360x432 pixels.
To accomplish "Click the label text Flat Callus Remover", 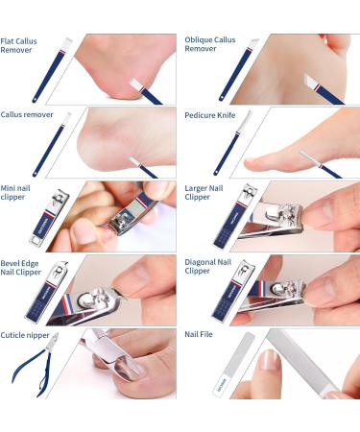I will coord(20,45).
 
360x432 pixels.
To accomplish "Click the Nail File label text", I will coord(199,336).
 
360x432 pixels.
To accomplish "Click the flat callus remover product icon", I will coord(56,70).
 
